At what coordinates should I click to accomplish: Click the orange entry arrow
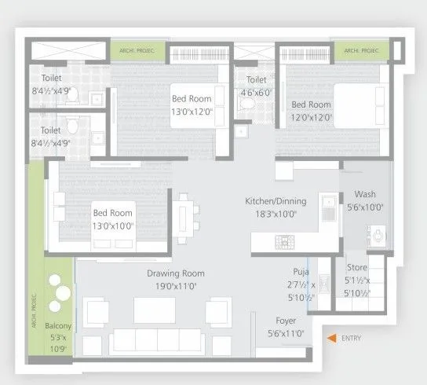coord(333,339)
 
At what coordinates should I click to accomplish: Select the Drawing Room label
coord(175,273)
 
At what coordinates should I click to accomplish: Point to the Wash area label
coord(365,194)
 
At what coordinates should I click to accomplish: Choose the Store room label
coord(357,267)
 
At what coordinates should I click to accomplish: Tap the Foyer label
coord(286,321)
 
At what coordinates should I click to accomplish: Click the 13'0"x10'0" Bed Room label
coord(113,213)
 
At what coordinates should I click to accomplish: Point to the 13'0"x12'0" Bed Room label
coord(192,100)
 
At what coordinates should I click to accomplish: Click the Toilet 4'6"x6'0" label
coord(256,80)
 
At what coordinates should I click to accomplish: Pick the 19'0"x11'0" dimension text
coord(175,286)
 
